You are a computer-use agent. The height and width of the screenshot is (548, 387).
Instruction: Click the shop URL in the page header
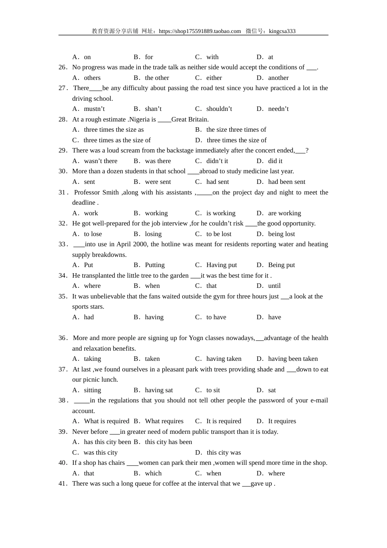pyautogui.click(x=200, y=31)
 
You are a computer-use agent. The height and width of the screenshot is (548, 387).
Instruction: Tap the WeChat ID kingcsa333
pyautogui.click(x=282, y=31)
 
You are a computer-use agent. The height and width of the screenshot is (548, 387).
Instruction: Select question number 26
pyautogui.click(x=63, y=67)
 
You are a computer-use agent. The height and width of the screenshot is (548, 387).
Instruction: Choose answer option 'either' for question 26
pyautogui.click(x=214, y=78)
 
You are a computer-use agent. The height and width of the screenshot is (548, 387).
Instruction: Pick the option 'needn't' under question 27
pyautogui.click(x=278, y=109)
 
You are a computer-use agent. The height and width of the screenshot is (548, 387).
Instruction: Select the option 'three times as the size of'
pyautogui.click(x=117, y=140)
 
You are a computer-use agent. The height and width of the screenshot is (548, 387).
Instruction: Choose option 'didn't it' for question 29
pyautogui.click(x=217, y=161)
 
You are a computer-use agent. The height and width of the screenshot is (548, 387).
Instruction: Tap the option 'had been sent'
pyautogui.click(x=286, y=182)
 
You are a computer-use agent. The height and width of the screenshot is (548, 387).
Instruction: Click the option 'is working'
pyautogui.click(x=221, y=213)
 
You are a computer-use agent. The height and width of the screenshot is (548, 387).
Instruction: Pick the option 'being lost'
pyautogui.click(x=281, y=234)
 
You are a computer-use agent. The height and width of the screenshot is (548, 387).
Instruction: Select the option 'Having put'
pyautogui.click(x=221, y=265)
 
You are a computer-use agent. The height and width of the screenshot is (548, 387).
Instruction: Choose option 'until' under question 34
pyautogui.click(x=274, y=286)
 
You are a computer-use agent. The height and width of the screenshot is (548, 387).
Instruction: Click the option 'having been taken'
pyautogui.click(x=293, y=359)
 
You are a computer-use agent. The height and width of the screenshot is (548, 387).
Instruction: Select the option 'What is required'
pyautogui.click(x=106, y=421)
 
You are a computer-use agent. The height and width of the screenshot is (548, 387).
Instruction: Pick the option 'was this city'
pyautogui.click(x=100, y=453)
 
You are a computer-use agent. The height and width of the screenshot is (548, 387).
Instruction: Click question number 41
pyautogui.click(x=63, y=484)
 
